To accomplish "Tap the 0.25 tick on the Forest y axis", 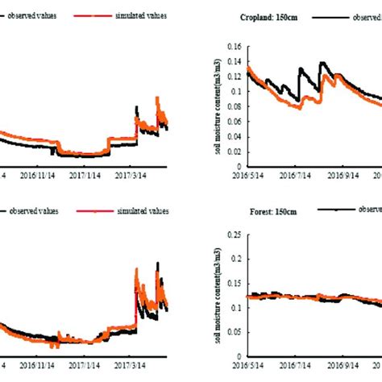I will coord(239,235).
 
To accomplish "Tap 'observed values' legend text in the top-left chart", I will coord(38,16).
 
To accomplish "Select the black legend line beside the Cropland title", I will coord(334,16).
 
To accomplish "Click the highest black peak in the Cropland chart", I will coord(323,62).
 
